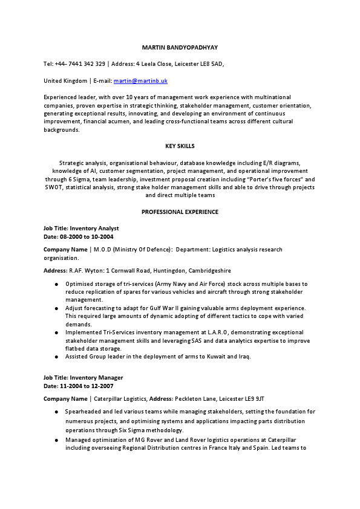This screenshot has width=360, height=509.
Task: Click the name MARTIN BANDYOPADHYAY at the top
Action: (x=180, y=47)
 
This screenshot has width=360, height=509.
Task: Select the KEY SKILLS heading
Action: (x=180, y=146)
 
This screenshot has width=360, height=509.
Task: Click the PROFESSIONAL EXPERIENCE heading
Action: (x=180, y=212)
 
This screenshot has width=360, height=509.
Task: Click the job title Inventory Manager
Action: (x=96, y=378)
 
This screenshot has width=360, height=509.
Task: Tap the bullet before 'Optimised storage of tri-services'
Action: (x=56, y=284)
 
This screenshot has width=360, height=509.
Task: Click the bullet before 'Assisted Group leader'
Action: (x=56, y=357)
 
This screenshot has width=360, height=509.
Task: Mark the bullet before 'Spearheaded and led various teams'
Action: (x=56, y=412)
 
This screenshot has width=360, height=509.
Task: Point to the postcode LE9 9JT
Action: (x=252, y=399)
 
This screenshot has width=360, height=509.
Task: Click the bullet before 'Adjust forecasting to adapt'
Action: (x=56, y=308)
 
